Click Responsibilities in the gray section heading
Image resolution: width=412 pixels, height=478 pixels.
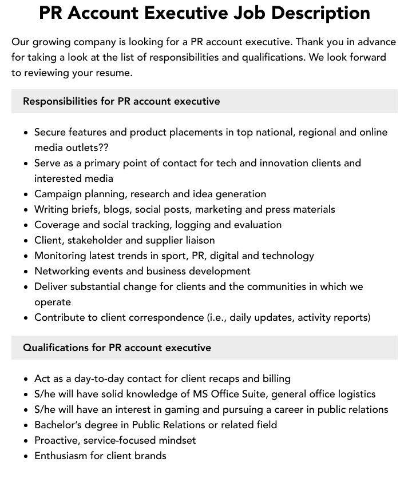(x=60, y=101)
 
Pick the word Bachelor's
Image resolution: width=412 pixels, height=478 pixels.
(x=60, y=425)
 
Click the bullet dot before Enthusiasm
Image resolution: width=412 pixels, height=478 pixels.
(x=26, y=456)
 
